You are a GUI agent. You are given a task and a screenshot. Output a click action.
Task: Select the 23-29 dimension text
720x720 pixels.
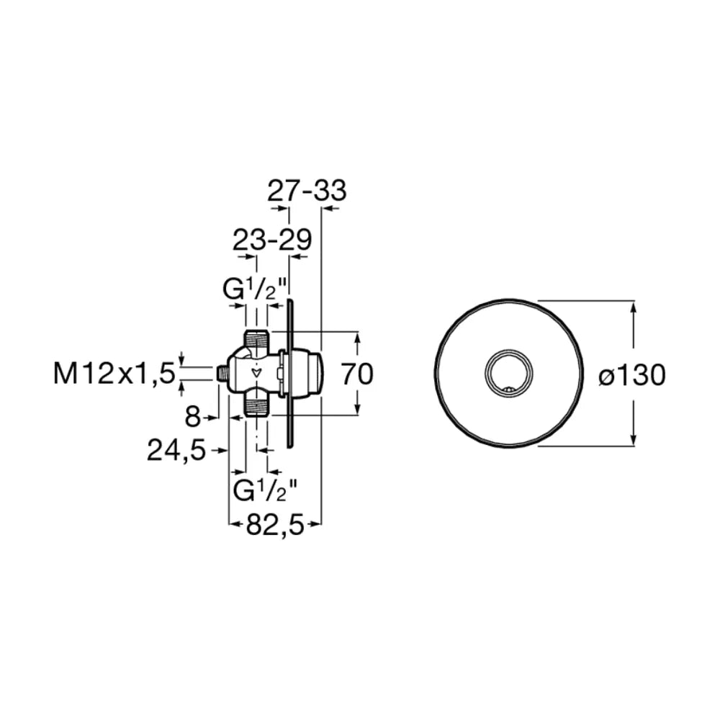coord(272,239)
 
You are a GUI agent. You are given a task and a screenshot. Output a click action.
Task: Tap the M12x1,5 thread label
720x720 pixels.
coord(114,374)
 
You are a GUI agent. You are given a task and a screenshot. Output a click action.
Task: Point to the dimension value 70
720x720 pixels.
coord(358,374)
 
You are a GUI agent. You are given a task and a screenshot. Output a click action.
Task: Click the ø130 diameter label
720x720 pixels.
coord(632,375)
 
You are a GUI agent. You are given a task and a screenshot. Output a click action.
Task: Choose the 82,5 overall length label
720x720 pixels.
coord(276,524)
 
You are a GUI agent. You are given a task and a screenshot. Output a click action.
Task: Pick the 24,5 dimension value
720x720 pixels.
coord(176,451)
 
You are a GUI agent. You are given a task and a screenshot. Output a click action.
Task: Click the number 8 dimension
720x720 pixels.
coord(193,418)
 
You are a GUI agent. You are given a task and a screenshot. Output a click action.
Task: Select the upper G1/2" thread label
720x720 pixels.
coord(255,289)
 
